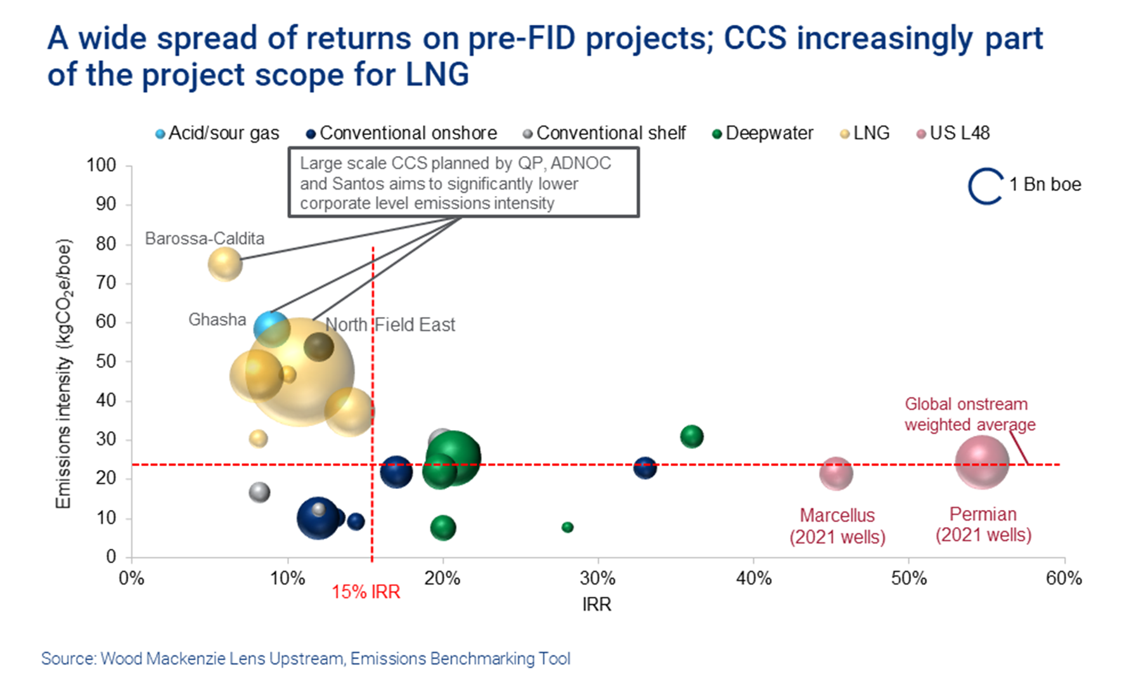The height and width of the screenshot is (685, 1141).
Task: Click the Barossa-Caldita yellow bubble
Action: (225, 264)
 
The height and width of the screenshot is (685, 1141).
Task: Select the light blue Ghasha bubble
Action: (271, 328)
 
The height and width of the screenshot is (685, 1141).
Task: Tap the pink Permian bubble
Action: (982, 463)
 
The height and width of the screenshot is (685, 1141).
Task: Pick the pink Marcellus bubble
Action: (836, 473)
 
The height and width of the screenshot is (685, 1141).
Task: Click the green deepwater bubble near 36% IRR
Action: (692, 436)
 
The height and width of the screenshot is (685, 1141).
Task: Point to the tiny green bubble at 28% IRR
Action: (567, 527)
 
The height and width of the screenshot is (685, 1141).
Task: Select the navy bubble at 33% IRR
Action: (645, 468)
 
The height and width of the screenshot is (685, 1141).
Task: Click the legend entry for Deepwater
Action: (763, 133)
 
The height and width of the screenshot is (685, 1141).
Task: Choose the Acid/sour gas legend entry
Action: (217, 133)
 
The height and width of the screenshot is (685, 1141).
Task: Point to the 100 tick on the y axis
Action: (101, 166)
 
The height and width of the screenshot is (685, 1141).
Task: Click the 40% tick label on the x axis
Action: (753, 578)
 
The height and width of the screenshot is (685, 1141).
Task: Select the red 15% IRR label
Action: (366, 592)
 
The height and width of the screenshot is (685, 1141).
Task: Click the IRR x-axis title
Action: (596, 604)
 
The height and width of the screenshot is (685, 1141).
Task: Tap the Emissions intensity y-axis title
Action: (64, 374)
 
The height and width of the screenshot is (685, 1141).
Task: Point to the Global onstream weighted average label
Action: (969, 414)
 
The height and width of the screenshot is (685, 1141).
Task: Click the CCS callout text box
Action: (463, 183)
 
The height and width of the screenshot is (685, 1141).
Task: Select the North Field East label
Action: (390, 325)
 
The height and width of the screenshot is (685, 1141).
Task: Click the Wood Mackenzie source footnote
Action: (306, 658)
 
